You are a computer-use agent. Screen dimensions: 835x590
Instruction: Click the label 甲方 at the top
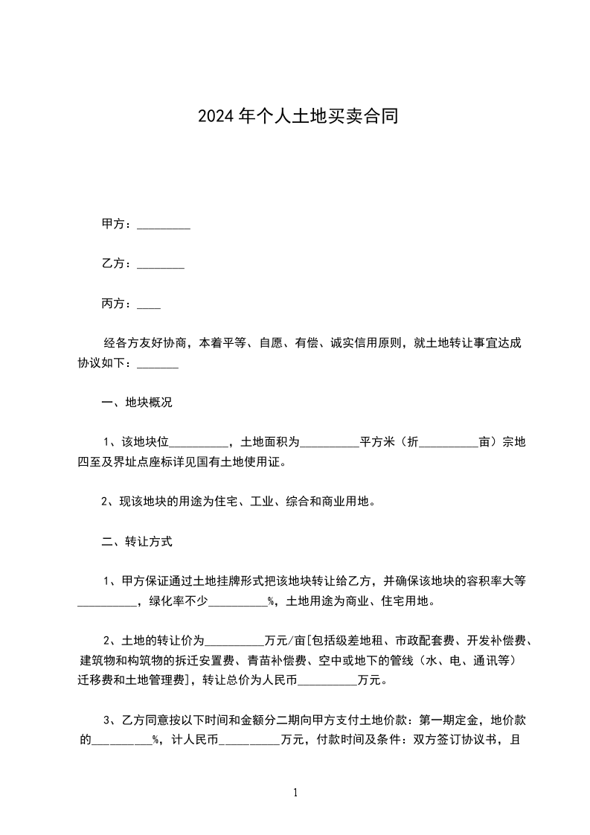112,224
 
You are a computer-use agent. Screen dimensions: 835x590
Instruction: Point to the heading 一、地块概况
136,403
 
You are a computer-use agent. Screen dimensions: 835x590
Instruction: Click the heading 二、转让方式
136,542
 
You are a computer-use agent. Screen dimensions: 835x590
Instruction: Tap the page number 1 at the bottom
295,793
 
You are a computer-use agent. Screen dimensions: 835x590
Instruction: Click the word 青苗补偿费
276,659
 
